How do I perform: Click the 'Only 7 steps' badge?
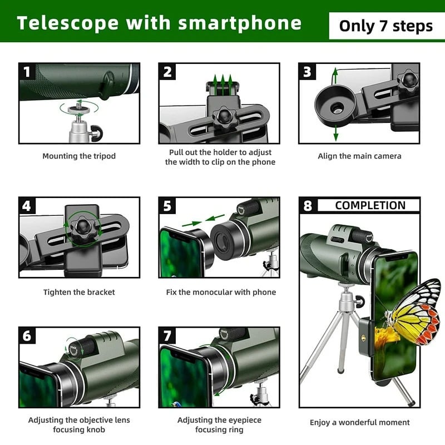[385, 26]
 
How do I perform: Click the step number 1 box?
[28, 72]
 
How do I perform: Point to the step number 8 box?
[308, 205]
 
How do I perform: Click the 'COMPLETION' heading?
[370, 205]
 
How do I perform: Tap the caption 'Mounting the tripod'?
[79, 156]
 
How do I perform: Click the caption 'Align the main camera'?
[359, 156]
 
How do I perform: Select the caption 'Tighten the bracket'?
[79, 292]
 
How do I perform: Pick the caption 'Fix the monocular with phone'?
[221, 292]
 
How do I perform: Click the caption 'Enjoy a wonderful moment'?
[359, 422]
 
